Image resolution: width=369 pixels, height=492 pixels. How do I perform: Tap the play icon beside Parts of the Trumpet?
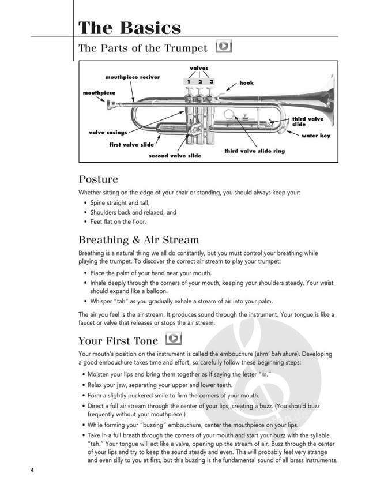(223, 46)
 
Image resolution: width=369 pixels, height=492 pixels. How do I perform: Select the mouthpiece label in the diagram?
(99, 92)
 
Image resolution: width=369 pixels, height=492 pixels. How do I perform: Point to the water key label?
(316, 136)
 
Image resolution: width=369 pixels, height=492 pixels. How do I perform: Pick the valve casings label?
(108, 133)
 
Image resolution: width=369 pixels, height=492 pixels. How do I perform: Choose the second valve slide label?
(175, 156)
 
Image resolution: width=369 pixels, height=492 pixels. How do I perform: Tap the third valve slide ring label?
(254, 151)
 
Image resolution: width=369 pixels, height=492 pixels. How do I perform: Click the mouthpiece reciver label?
(133, 77)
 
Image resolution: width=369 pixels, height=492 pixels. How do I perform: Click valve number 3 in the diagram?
(212, 82)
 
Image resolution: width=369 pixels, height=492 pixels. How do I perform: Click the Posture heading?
(98, 179)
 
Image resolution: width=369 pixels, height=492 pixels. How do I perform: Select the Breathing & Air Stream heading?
(138, 239)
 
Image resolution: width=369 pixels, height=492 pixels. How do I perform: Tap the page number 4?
(33, 470)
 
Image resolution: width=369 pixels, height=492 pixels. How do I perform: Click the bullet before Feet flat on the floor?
(85, 221)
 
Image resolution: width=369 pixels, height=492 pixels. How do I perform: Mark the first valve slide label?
(131, 145)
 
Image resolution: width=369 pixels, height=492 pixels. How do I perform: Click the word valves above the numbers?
(199, 68)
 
